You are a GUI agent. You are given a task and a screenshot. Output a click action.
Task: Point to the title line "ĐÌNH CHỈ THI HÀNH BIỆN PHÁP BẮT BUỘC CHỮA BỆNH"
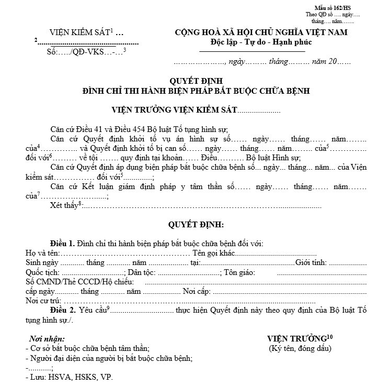[197, 91]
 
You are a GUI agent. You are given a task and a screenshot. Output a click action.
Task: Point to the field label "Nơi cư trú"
[42, 301]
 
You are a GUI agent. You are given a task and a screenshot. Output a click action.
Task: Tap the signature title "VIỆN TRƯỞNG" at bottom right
[296, 338]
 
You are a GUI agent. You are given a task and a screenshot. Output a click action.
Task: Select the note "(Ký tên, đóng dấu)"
[300, 348]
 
